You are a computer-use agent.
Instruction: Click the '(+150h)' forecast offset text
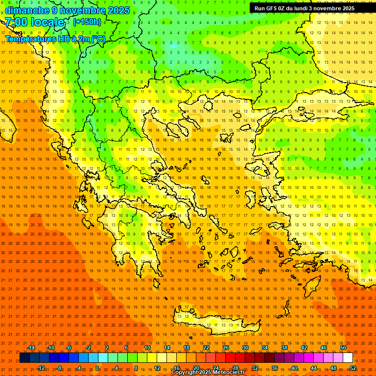coord(87,22)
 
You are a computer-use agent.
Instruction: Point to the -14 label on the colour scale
coord(30,348)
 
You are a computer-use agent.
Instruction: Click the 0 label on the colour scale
coord(97,368)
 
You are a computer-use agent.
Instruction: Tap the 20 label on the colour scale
coord(196,368)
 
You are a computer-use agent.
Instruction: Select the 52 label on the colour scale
coord(353,368)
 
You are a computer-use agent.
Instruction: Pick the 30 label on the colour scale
coord(245,348)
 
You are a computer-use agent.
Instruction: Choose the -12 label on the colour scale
coord(41,368)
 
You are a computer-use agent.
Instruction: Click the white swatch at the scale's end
coord(348,358)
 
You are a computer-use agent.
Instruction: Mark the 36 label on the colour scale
coord(275,368)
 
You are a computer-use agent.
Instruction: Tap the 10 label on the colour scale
coord(147,348)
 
